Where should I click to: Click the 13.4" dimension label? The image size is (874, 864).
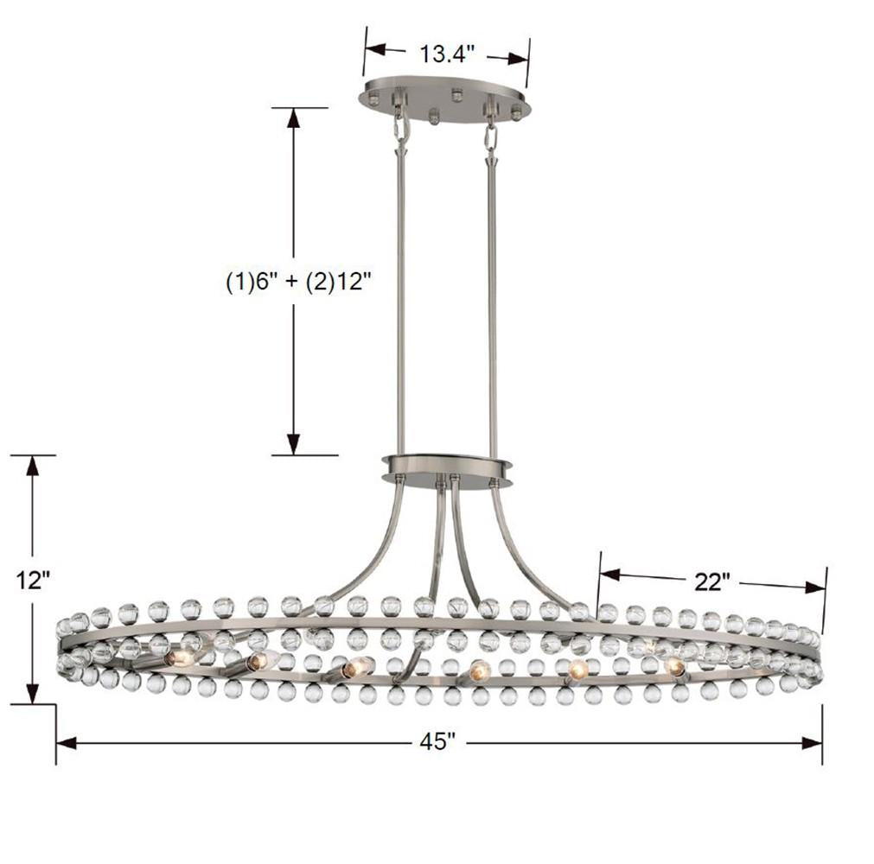[447, 54]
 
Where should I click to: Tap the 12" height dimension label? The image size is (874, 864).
[33, 580]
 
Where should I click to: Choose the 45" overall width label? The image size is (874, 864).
[438, 741]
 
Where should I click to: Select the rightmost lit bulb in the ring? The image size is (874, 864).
[675, 666]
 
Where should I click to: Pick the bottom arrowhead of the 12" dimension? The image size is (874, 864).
[33, 693]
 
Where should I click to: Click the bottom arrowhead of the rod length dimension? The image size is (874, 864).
[294, 444]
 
